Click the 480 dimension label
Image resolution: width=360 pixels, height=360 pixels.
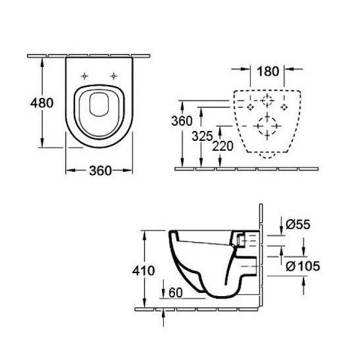click(x=42, y=102)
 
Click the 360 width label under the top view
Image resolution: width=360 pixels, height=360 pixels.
click(x=100, y=171)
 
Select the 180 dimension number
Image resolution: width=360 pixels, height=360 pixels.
click(x=268, y=71)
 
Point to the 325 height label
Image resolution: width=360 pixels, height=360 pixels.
click(x=202, y=137)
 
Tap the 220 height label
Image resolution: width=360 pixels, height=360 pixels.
click(x=222, y=146)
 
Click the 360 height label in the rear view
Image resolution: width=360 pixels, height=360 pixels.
click(x=182, y=121)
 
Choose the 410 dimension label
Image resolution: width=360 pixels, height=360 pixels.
click(x=143, y=271)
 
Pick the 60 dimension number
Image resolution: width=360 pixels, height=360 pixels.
click(x=176, y=292)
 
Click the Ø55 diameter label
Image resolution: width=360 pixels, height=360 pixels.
click(x=298, y=224)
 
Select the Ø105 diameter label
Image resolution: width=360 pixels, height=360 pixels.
click(x=303, y=266)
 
